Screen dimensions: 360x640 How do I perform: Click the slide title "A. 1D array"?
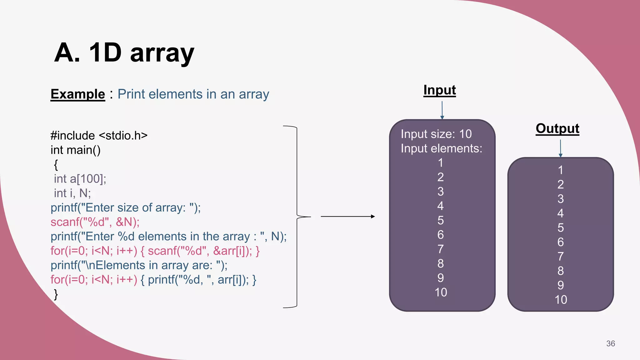124,52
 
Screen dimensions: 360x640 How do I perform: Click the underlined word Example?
78,94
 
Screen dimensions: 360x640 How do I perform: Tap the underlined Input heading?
439,90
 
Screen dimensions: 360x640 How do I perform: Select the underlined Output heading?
557,128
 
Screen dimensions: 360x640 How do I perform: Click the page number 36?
610,343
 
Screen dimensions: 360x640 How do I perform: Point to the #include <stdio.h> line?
99,135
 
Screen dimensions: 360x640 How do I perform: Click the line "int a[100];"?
80,179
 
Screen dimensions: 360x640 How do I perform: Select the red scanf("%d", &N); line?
95,222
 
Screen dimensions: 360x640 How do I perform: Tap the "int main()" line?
76,150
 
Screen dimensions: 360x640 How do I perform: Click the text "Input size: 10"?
436,134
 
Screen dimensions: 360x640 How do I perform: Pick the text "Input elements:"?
441,148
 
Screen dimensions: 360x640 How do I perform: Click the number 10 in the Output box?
561,299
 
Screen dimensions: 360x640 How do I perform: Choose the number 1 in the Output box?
561,170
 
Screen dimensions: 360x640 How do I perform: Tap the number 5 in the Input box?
440,220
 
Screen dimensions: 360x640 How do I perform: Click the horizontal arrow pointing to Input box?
347,216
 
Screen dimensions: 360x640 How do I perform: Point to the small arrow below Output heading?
560,148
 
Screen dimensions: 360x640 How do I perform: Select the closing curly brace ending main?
56,294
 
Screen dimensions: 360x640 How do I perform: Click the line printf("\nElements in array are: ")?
139,265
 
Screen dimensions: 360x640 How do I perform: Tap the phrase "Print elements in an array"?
193,94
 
